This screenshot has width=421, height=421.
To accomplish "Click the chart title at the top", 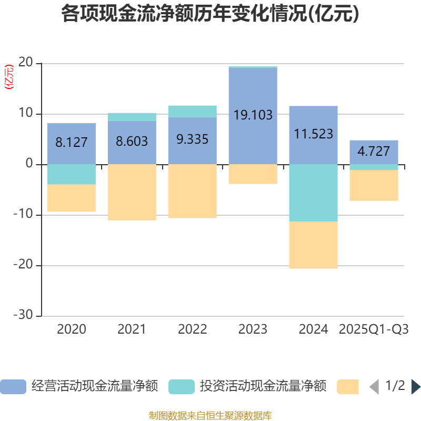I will (210, 14).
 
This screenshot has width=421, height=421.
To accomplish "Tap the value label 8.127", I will (72, 143).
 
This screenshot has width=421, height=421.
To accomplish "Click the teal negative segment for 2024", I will (313, 193).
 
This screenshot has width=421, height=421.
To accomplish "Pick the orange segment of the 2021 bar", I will (132, 192).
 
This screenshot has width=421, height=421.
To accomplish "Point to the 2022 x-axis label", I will (192, 329).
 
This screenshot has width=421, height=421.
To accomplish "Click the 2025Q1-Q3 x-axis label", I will (374, 329).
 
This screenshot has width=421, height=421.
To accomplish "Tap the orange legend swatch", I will (348, 387).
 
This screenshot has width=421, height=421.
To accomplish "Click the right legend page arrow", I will (415, 387).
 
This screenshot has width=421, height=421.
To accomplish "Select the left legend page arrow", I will (374, 387).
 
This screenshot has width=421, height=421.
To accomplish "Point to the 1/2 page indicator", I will (395, 386).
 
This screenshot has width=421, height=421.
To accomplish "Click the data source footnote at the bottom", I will (210, 416).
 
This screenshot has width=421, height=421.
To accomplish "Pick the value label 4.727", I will (374, 152).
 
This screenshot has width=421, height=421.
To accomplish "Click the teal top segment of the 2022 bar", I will (192, 111).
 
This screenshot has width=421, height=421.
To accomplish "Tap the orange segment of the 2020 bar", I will (72, 198).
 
